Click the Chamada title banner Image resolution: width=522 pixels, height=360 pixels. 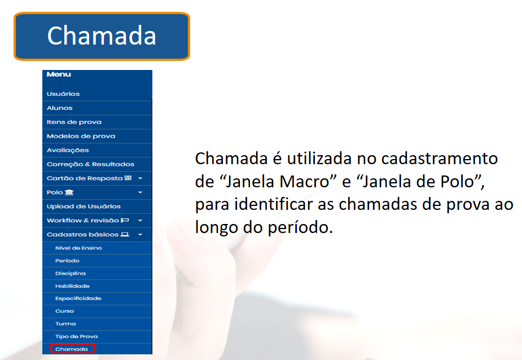click(x=102, y=36)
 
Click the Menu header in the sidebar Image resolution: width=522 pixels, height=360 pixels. click(x=59, y=74)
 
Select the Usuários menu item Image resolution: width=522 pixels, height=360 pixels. click(x=63, y=94)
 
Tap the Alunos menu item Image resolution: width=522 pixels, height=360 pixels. click(x=60, y=108)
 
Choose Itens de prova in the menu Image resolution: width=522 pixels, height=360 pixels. click(x=74, y=122)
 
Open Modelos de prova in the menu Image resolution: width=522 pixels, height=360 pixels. click(x=81, y=136)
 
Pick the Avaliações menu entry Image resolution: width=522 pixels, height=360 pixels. click(x=68, y=150)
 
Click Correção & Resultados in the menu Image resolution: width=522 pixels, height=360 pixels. click(x=90, y=164)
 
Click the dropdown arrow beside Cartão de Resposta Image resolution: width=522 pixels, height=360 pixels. click(x=140, y=178)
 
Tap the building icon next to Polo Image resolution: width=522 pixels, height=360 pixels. click(x=69, y=192)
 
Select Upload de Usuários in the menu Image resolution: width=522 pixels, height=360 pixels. click(x=84, y=206)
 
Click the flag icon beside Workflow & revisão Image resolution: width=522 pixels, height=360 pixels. click(x=125, y=220)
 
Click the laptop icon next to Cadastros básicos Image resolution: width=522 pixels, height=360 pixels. click(x=125, y=234)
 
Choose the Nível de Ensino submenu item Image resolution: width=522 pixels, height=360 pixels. click(x=78, y=248)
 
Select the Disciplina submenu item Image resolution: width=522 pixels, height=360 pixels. click(x=70, y=274)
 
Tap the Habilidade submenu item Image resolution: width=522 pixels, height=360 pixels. click(x=72, y=286)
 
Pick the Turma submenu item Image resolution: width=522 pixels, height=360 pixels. click(x=65, y=324)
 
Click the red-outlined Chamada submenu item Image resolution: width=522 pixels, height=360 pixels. click(x=73, y=349)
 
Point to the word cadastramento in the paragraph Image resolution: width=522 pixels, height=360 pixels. click(x=440, y=159)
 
